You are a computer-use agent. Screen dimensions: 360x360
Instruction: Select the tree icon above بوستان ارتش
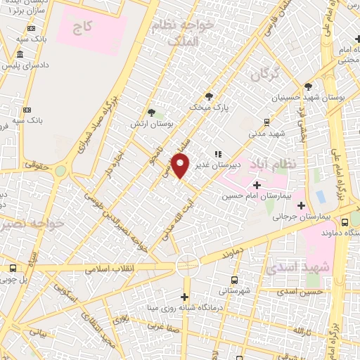152,112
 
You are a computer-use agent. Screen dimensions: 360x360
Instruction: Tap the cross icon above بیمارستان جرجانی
302,206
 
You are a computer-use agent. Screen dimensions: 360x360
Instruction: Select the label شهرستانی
233,289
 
